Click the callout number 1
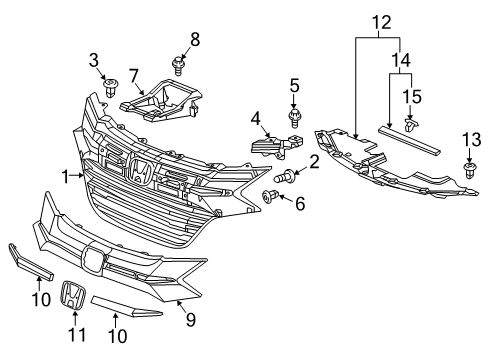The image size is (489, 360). pos(64,177)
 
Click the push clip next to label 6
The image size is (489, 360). pos(269,196)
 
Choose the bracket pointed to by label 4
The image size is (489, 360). pos(270,147)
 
